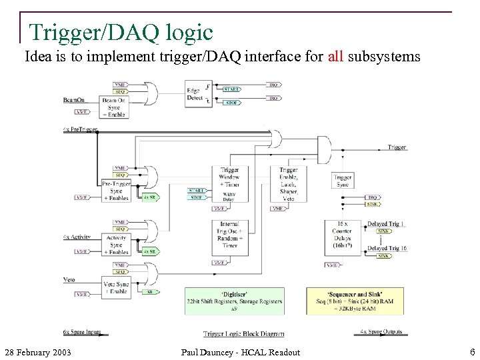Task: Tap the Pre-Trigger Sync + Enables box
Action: pos(116,191)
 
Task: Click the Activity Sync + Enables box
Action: pos(117,245)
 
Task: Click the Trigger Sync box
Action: pos(342,181)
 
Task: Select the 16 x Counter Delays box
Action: pos(342,236)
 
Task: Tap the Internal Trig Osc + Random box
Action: pos(230,237)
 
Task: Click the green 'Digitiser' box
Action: pos(234,301)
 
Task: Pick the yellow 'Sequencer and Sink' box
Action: pos(355,301)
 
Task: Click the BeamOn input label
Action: pos(73,99)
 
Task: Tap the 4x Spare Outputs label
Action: pos(381,332)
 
